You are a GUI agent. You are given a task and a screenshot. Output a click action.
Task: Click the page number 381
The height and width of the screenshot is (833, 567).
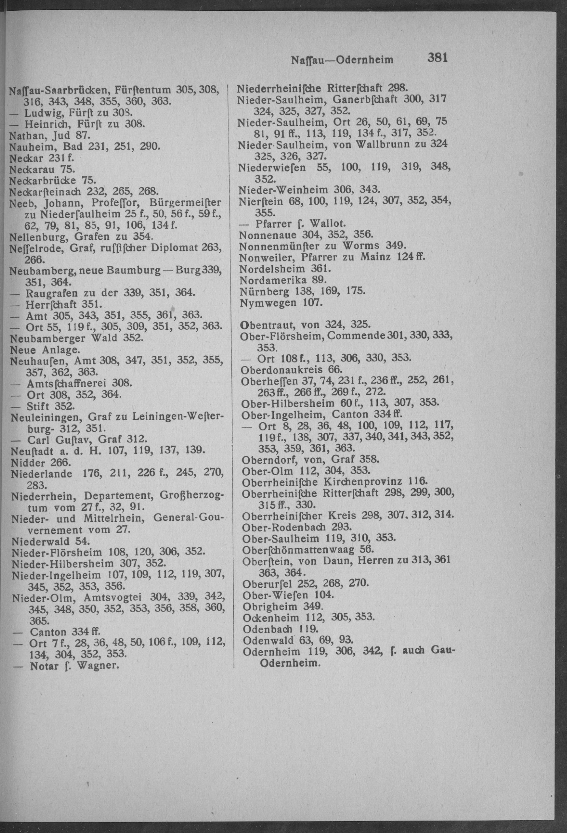point(437,58)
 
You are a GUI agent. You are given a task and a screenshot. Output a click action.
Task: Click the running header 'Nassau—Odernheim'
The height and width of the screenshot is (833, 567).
point(342,60)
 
